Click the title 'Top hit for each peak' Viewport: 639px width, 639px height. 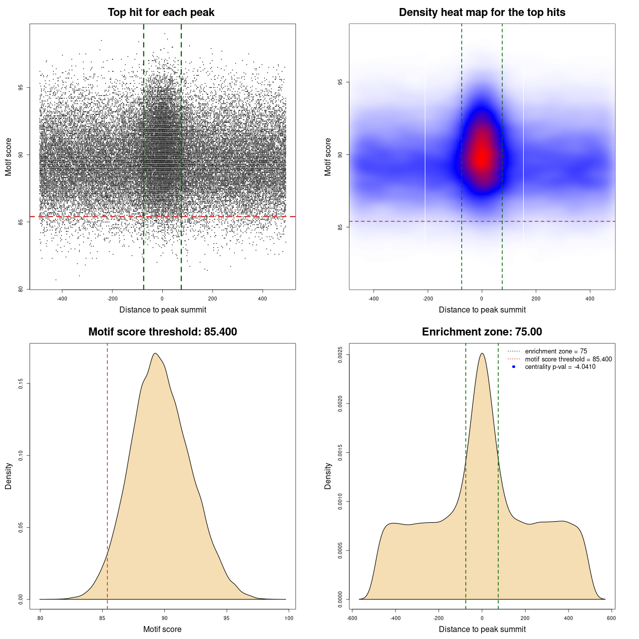click(x=161, y=12)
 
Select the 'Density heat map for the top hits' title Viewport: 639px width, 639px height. click(x=482, y=12)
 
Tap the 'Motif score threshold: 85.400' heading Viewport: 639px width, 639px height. click(x=162, y=332)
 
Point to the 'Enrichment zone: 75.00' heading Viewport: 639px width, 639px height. click(x=482, y=332)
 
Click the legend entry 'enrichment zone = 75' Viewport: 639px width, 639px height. click(x=556, y=351)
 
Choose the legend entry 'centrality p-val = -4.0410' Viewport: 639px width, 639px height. click(x=560, y=367)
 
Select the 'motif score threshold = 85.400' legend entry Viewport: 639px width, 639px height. click(x=568, y=359)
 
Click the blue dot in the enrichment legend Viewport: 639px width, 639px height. click(x=514, y=367)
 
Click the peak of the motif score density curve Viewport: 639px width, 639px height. click(x=155, y=353)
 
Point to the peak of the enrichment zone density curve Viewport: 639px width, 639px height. click(x=482, y=353)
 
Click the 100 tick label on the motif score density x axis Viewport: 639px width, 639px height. click(x=289, y=618)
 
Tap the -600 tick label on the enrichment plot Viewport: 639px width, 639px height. click(x=352, y=618)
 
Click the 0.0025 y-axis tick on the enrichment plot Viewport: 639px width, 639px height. click(x=340, y=354)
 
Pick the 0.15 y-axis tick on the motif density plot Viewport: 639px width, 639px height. click(x=20, y=383)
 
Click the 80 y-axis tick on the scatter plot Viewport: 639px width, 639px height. click(x=20, y=289)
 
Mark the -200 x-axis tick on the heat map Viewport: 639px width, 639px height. click(x=428, y=299)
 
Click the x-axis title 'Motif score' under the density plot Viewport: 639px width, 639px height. click(x=162, y=629)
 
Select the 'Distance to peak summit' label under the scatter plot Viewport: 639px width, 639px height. click(x=163, y=310)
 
